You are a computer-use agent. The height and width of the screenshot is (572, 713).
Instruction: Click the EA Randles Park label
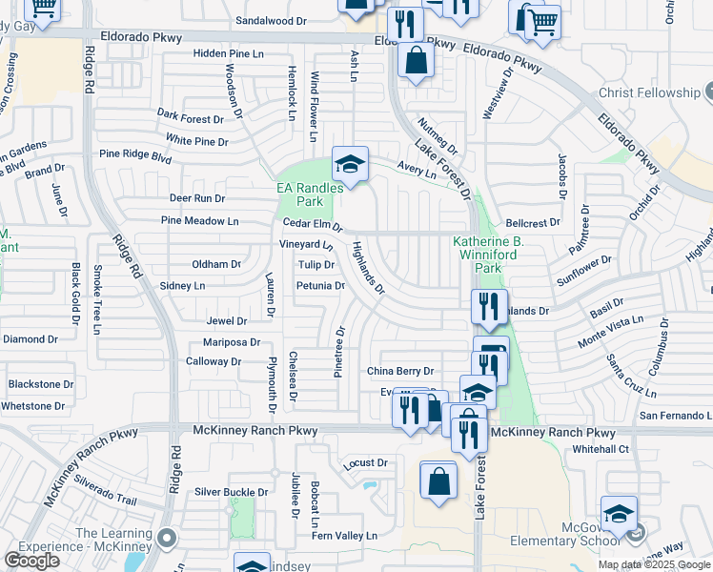tap(310, 194)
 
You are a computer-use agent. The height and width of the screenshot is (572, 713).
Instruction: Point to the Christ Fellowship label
tap(649, 92)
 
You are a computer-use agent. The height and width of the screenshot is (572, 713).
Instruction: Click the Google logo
tap(31, 561)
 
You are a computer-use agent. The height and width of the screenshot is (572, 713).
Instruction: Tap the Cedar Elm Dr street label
tap(313, 224)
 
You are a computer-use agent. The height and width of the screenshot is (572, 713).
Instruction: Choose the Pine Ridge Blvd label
tap(135, 154)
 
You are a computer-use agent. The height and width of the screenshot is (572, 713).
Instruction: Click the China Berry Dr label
tap(400, 371)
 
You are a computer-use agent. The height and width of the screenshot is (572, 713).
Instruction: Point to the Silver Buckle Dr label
tap(232, 492)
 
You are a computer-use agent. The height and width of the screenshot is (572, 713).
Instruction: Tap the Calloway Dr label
tap(214, 361)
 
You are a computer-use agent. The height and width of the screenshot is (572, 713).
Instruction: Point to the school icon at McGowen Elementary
tap(618, 512)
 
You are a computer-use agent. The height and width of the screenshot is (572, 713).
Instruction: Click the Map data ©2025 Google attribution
tap(654, 564)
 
